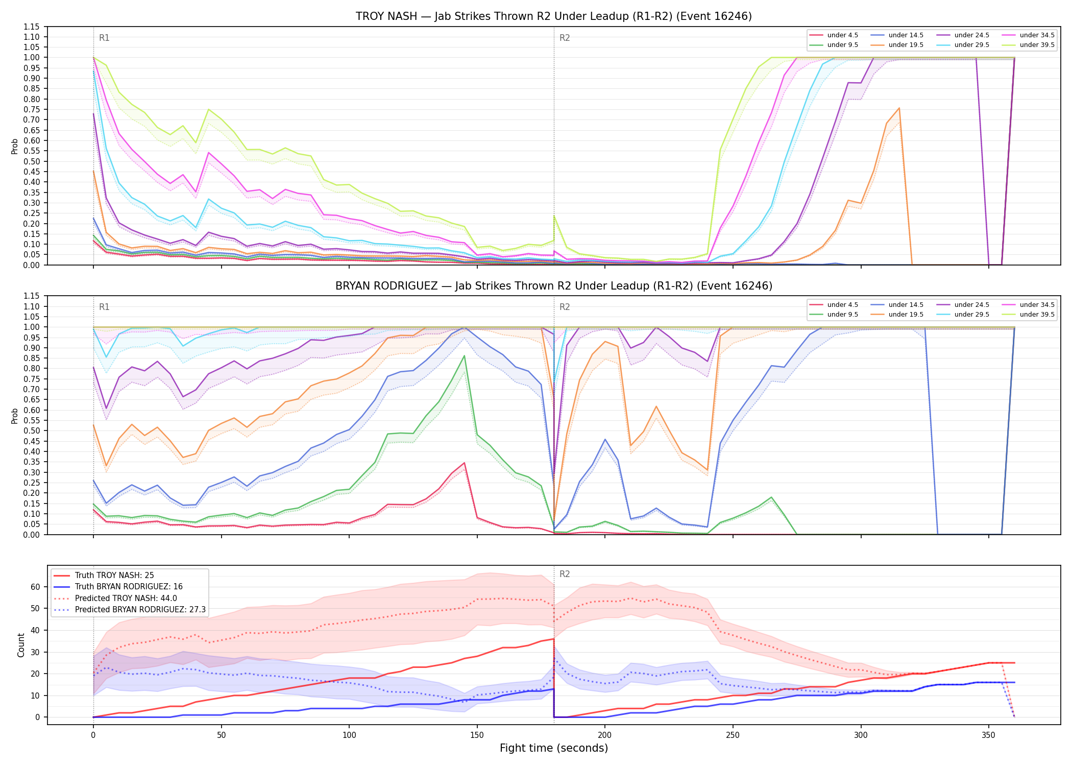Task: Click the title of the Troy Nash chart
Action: click(x=554, y=16)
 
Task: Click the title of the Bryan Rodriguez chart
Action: click(x=554, y=286)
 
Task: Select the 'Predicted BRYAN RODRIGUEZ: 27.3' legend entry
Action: click(x=130, y=610)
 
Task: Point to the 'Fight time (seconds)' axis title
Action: click(x=554, y=748)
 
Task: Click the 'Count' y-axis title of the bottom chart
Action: click(x=21, y=645)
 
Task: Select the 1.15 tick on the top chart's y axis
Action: click(x=31, y=27)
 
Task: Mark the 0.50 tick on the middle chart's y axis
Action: click(x=31, y=431)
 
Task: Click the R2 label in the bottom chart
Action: click(x=565, y=574)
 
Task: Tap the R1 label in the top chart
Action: click(x=104, y=38)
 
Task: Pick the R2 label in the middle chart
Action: click(x=565, y=307)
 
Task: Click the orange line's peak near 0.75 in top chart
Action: click(x=899, y=108)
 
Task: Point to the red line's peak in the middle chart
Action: click(x=464, y=463)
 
